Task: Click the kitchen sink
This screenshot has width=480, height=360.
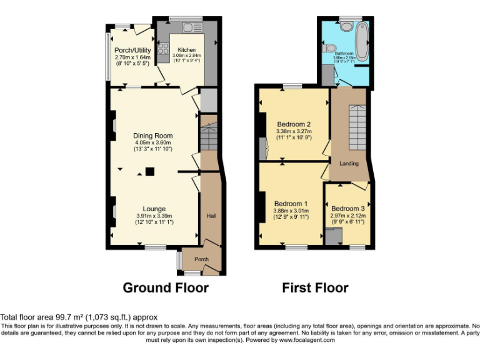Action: pos(191,28)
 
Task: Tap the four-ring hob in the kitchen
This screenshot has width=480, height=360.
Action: pos(164,49)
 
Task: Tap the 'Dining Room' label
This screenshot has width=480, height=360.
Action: pos(152,136)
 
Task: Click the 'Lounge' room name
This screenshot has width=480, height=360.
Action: pos(154,209)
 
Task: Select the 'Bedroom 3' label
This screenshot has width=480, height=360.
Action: pos(348,209)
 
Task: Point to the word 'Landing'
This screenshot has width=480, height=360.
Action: pos(349,164)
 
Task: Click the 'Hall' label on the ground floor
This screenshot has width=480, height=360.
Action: pos(211,216)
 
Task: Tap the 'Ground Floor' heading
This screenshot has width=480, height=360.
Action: pos(165,287)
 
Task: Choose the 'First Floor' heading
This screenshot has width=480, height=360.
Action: pos(315,287)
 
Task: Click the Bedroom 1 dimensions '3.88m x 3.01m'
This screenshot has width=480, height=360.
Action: pos(291,211)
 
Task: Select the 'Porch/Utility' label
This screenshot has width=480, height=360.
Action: pos(131,50)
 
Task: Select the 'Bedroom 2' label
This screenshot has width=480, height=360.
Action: pos(294,124)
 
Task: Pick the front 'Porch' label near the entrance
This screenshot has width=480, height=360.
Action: pos(201,259)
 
